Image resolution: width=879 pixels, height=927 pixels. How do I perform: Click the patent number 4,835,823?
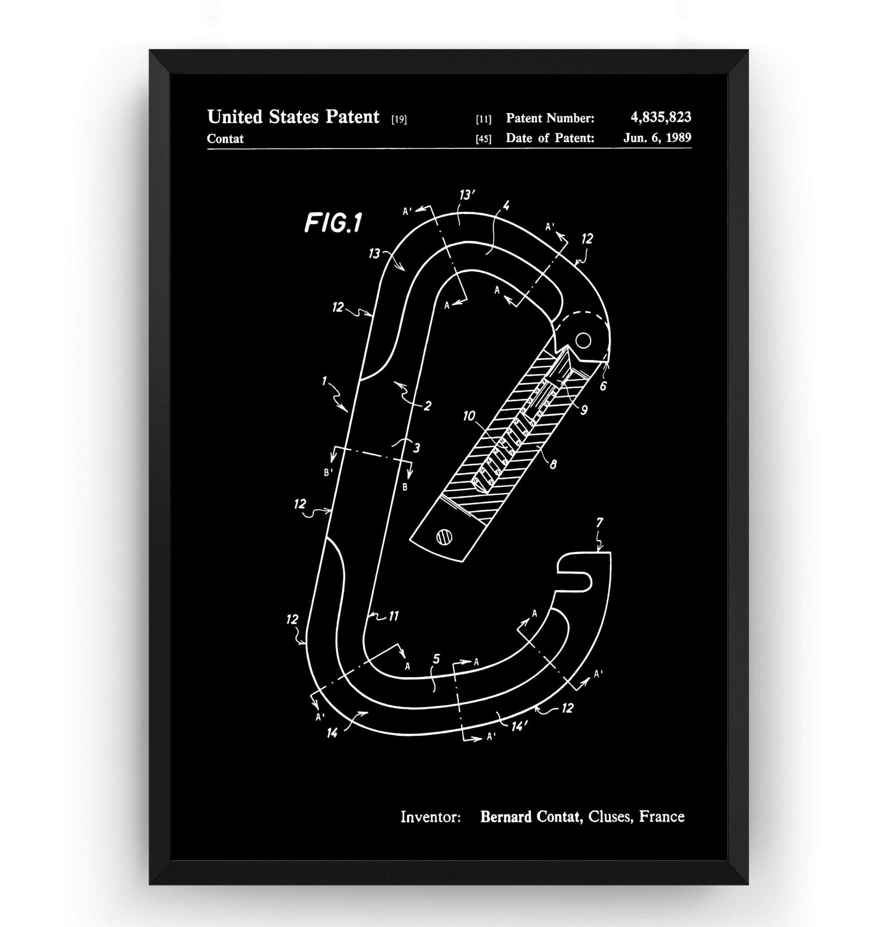click(x=660, y=117)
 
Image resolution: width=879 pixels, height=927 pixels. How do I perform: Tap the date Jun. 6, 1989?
click(x=657, y=138)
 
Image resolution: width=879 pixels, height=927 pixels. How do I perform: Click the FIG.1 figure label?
click(x=333, y=223)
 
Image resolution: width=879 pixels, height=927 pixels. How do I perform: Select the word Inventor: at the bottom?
click(x=431, y=817)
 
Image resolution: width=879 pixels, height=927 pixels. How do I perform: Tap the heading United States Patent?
click(x=293, y=117)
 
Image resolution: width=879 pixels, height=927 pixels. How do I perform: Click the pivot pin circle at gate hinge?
click(x=583, y=340)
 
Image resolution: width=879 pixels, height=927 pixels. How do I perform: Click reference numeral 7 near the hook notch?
click(x=600, y=521)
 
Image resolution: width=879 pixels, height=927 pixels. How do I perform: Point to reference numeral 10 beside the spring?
click(x=469, y=416)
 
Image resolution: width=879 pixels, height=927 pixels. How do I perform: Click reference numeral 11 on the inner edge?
click(x=393, y=616)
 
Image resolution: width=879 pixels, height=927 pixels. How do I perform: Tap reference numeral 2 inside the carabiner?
click(x=427, y=406)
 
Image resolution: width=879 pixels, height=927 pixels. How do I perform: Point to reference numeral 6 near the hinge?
click(x=603, y=386)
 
